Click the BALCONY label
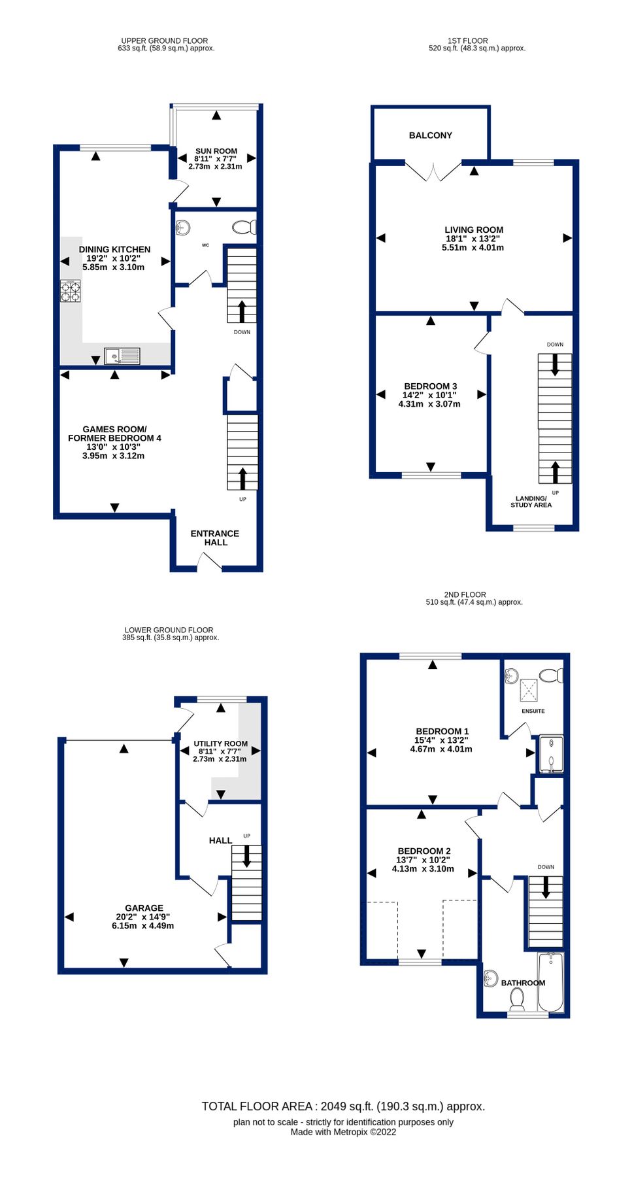(x=430, y=135)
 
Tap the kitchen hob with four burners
(x=71, y=291)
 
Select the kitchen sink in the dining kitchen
(x=122, y=356)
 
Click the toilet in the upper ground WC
(x=244, y=227)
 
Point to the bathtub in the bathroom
(x=550, y=982)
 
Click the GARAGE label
(x=144, y=908)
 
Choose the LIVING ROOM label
(x=474, y=230)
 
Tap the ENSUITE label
(x=533, y=711)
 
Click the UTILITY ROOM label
(x=220, y=743)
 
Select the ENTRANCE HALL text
(x=215, y=537)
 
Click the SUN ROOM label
(x=216, y=151)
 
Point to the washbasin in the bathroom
(x=491, y=979)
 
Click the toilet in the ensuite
(x=551, y=675)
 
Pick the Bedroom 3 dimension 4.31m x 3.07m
(x=429, y=404)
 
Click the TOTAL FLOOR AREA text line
(x=343, y=1106)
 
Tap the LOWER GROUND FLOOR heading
(x=169, y=630)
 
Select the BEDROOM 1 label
(x=442, y=731)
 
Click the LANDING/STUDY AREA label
(x=531, y=502)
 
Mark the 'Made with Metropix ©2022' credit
(x=343, y=1132)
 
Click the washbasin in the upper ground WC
(x=183, y=228)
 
